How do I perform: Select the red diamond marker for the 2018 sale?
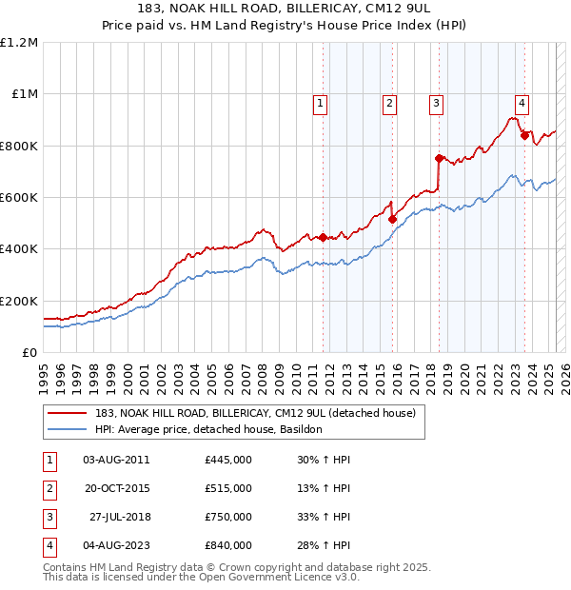[x=439, y=159]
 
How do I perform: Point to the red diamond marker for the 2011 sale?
[x=323, y=237]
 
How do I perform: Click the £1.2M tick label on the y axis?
[x=19, y=43]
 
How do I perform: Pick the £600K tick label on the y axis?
[x=19, y=198]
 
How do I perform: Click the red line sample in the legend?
[x=67, y=414]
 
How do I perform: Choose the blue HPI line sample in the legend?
[x=67, y=430]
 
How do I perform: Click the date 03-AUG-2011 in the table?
[x=116, y=460]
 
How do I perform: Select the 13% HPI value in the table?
[x=324, y=488]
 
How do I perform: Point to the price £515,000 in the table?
[x=227, y=488]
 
